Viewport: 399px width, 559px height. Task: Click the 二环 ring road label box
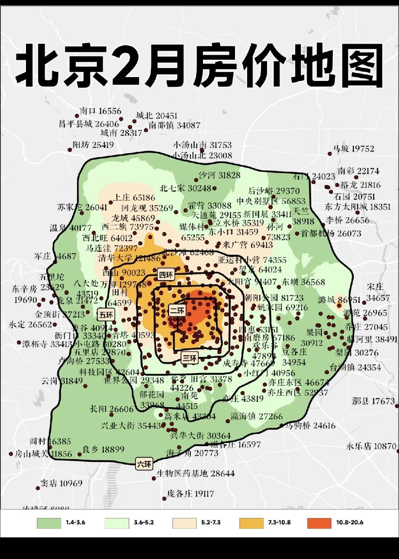(x=177, y=310)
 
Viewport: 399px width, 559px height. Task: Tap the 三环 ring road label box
(x=190, y=358)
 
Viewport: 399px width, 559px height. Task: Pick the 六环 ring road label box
(x=144, y=465)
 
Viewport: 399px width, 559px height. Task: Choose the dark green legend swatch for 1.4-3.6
(x=48, y=523)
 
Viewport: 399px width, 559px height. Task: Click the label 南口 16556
(x=100, y=111)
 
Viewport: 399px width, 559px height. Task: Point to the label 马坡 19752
(x=353, y=149)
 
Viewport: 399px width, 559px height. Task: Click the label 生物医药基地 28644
(x=196, y=473)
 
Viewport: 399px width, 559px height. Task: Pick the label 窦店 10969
(x=61, y=483)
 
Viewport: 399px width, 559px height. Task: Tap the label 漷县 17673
(x=373, y=401)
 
